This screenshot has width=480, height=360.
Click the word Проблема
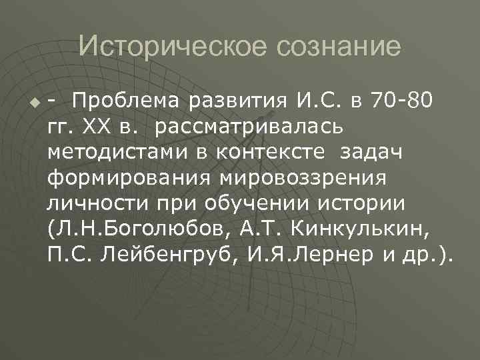coord(127,101)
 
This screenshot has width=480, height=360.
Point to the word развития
coord(236,101)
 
